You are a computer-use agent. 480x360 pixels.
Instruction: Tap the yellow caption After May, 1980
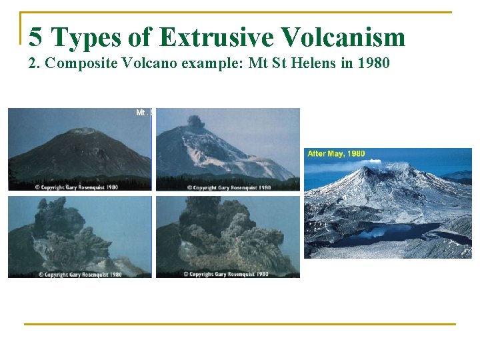(x=336, y=154)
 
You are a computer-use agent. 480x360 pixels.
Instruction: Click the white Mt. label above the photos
(x=143, y=113)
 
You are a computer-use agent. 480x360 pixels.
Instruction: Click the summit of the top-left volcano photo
(x=83, y=131)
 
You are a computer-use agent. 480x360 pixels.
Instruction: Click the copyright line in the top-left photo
(x=77, y=187)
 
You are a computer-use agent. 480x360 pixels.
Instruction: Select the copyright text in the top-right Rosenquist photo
(x=229, y=187)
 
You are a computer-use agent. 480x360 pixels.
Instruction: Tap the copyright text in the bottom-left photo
(x=80, y=274)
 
